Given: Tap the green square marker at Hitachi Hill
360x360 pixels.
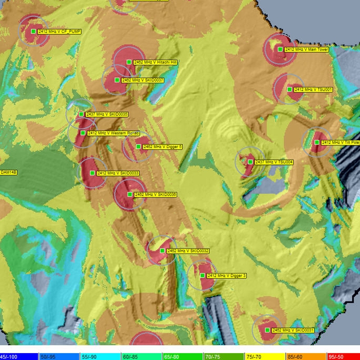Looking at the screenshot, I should coord(129,62).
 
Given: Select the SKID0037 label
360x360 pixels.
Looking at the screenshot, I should coord(143,80).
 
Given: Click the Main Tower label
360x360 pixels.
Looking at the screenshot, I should coord(307,50).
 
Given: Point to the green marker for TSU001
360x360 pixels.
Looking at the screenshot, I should coord(289,89).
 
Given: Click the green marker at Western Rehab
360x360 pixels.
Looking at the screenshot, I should coord(83,133).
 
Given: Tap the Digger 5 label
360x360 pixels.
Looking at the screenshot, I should coord(162,147).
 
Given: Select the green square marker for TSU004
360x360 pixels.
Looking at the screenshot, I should coord(250,162).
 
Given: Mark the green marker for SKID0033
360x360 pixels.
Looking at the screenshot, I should coord(92,173).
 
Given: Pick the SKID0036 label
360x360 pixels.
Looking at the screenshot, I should coord(155,194).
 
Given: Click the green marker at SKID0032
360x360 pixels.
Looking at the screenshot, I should coord(162,251).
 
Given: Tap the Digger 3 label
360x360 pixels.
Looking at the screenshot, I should coord(227,276).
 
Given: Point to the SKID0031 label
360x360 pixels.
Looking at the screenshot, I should coord(293,330).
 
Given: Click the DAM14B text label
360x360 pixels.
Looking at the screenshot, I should coord(8,172).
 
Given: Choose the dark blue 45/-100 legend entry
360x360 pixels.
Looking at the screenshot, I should coord(18,357).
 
